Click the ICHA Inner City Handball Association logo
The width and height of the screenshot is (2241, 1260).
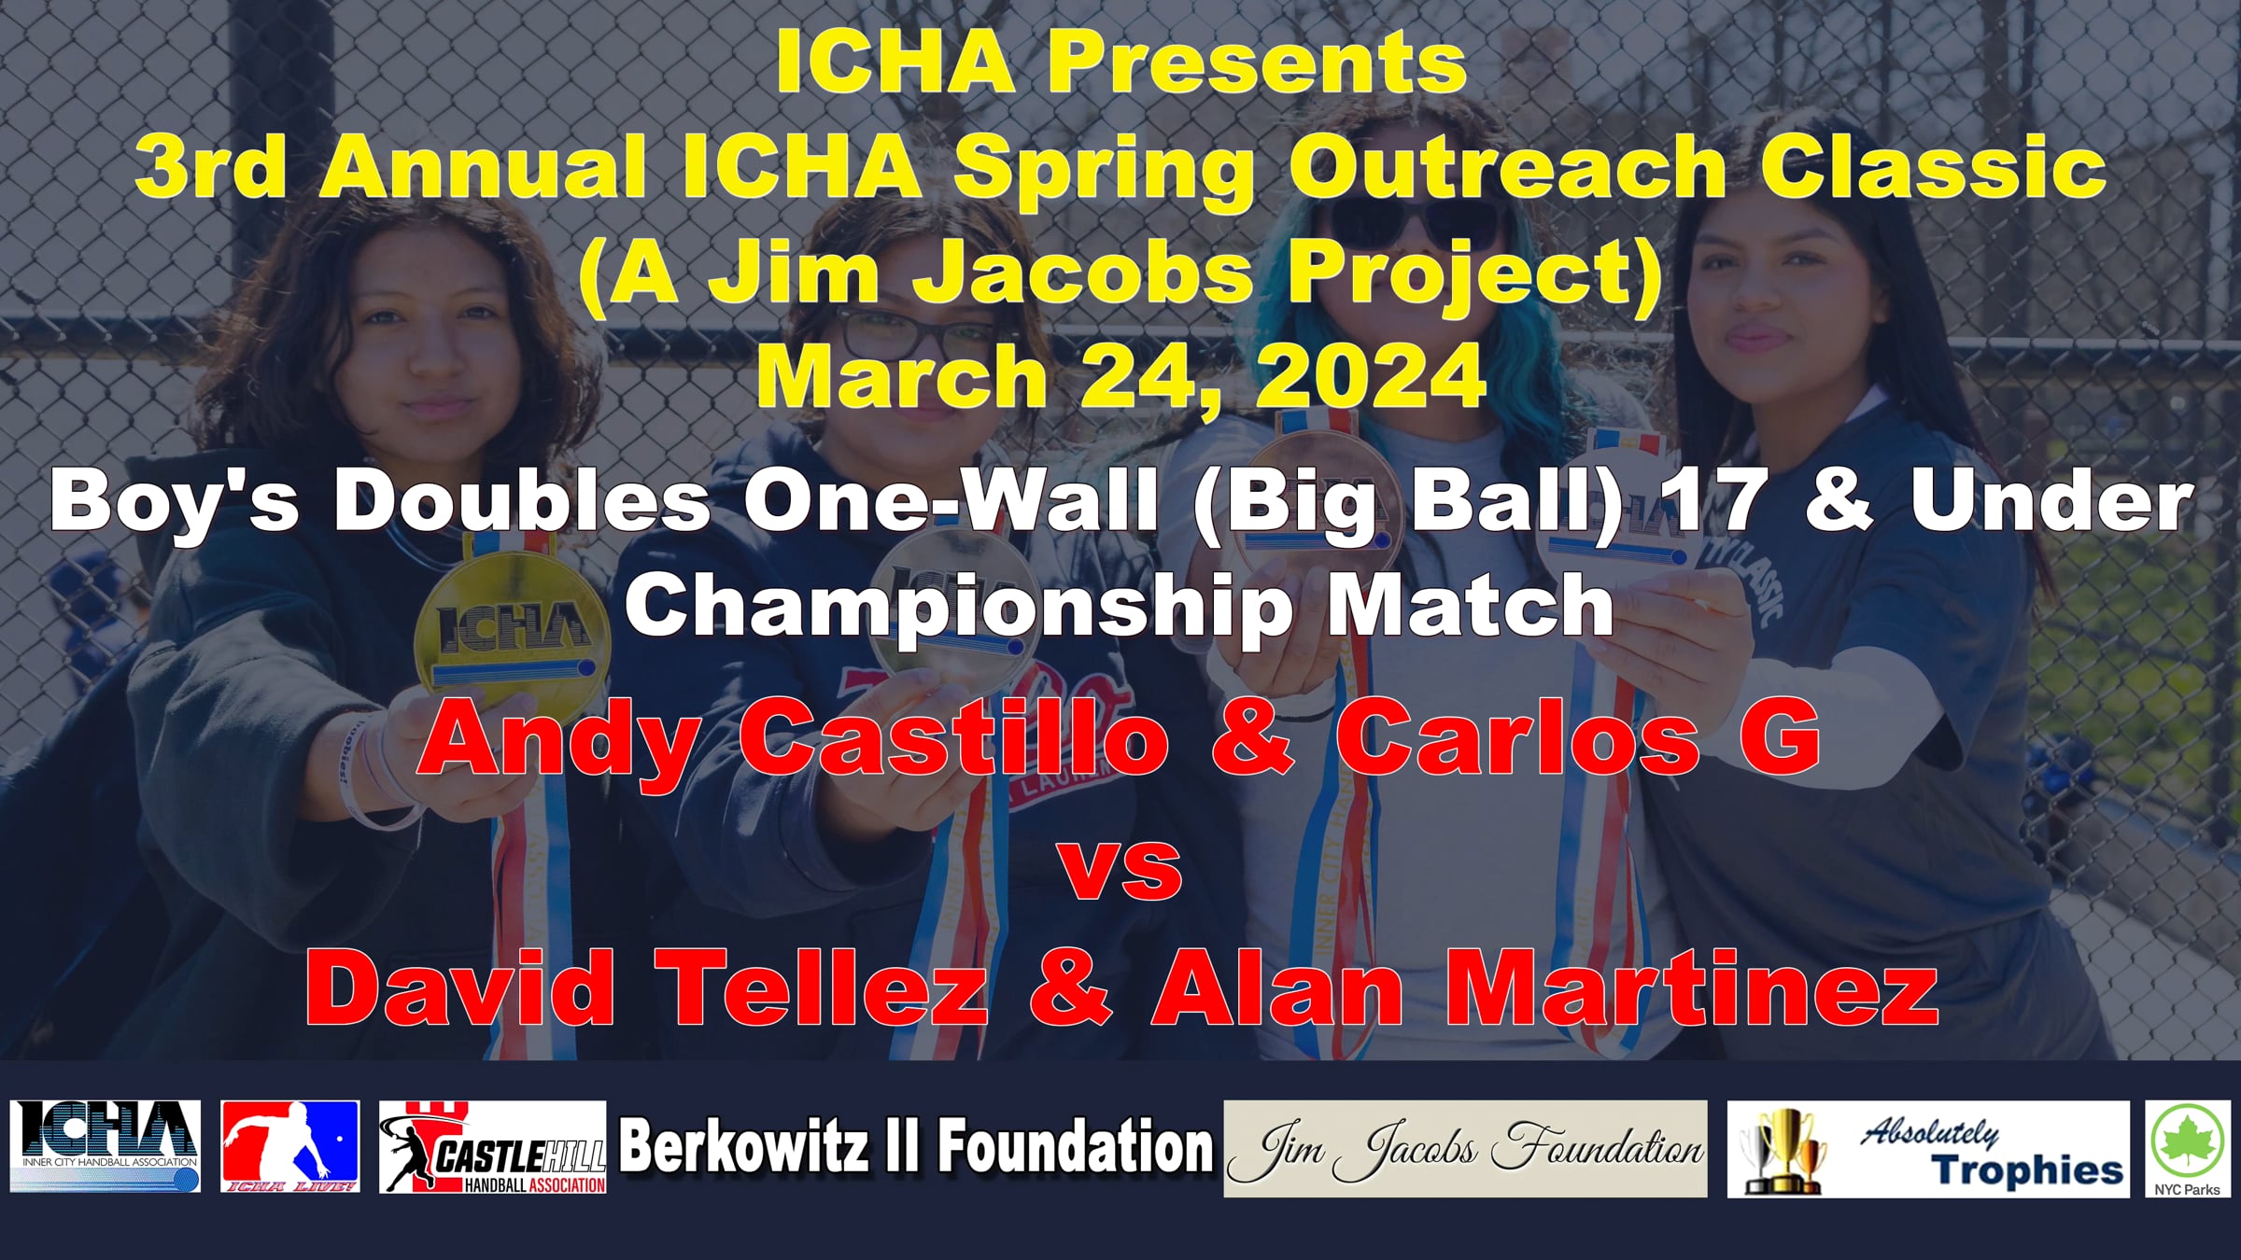pyautogui.click(x=106, y=1147)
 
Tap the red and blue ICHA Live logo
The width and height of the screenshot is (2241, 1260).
pyautogui.click(x=290, y=1147)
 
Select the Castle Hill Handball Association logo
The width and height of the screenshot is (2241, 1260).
pyautogui.click(x=493, y=1147)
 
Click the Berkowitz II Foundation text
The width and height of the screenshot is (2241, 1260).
pyautogui.click(x=915, y=1146)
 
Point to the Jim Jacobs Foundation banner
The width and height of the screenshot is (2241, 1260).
pyautogui.click(x=1465, y=1149)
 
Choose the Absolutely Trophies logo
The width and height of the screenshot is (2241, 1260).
pyautogui.click(x=1928, y=1149)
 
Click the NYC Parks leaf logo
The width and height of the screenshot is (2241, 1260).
pyautogui.click(x=2188, y=1149)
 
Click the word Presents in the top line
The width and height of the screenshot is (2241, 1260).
pyautogui.click(x=1256, y=63)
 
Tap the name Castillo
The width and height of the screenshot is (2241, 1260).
pyautogui.click(x=953, y=738)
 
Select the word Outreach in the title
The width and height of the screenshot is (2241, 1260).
pyautogui.click(x=1507, y=167)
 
